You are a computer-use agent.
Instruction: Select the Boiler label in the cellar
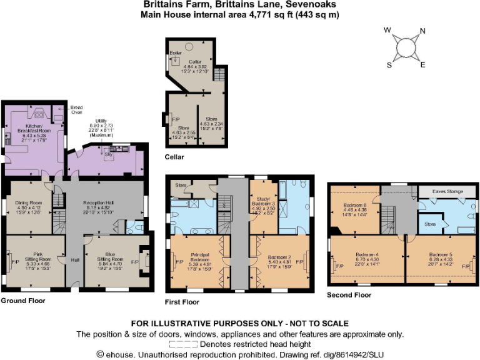[x=175, y=54]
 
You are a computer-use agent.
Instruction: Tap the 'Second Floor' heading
[x=349, y=294]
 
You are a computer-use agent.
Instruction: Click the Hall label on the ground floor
[x=74, y=260]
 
